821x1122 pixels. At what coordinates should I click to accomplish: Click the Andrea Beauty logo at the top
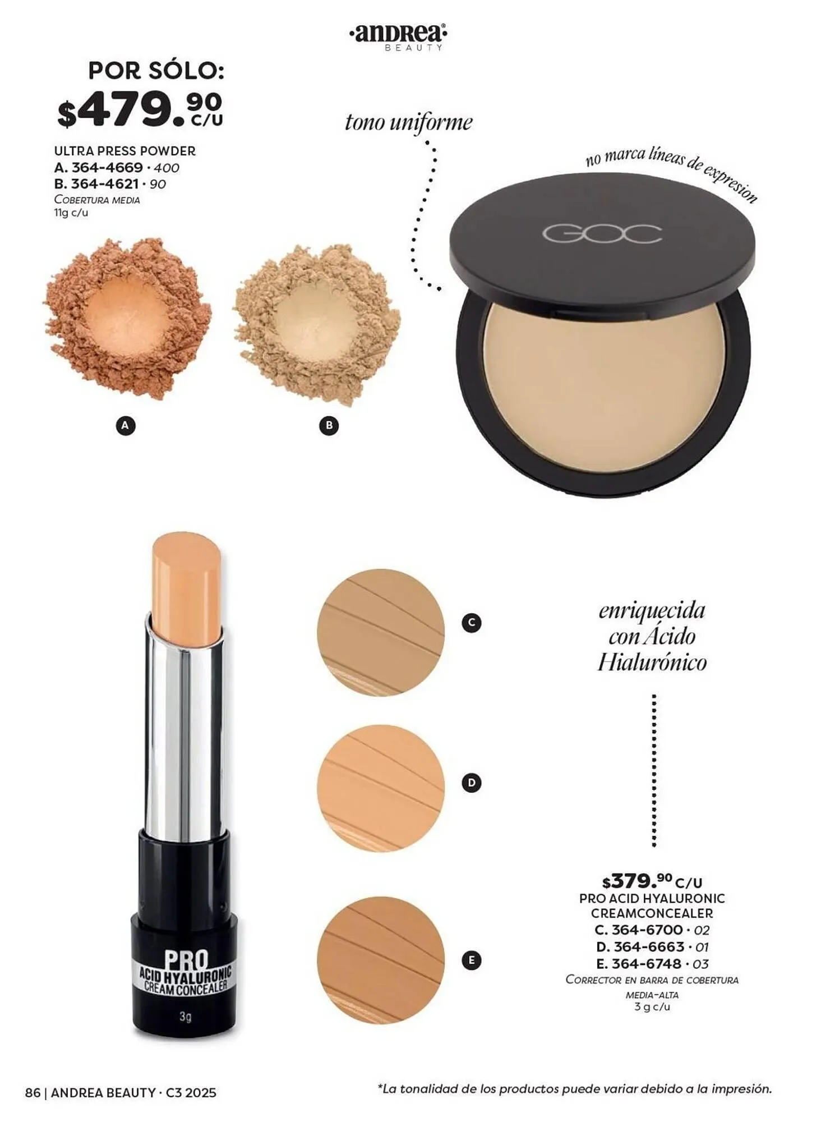click(x=398, y=37)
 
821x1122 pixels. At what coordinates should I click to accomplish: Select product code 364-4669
click(x=107, y=168)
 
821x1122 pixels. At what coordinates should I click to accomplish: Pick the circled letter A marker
click(x=126, y=426)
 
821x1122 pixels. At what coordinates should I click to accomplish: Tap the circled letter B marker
click(x=329, y=426)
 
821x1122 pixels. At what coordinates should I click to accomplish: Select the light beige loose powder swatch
click(x=317, y=323)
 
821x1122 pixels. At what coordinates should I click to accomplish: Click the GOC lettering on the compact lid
click(x=602, y=234)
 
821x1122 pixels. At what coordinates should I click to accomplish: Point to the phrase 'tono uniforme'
click(x=408, y=122)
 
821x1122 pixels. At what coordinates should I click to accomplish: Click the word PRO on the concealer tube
click(x=186, y=960)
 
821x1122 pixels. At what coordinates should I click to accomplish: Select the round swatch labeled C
click(x=381, y=632)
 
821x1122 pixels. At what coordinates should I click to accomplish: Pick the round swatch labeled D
click(x=381, y=788)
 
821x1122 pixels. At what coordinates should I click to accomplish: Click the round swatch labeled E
click(x=381, y=960)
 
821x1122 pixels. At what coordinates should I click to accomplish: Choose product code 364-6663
click(x=649, y=947)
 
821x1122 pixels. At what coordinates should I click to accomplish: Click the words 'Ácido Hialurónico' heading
click(x=652, y=650)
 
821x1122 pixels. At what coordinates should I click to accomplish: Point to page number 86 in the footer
click(x=33, y=1093)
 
